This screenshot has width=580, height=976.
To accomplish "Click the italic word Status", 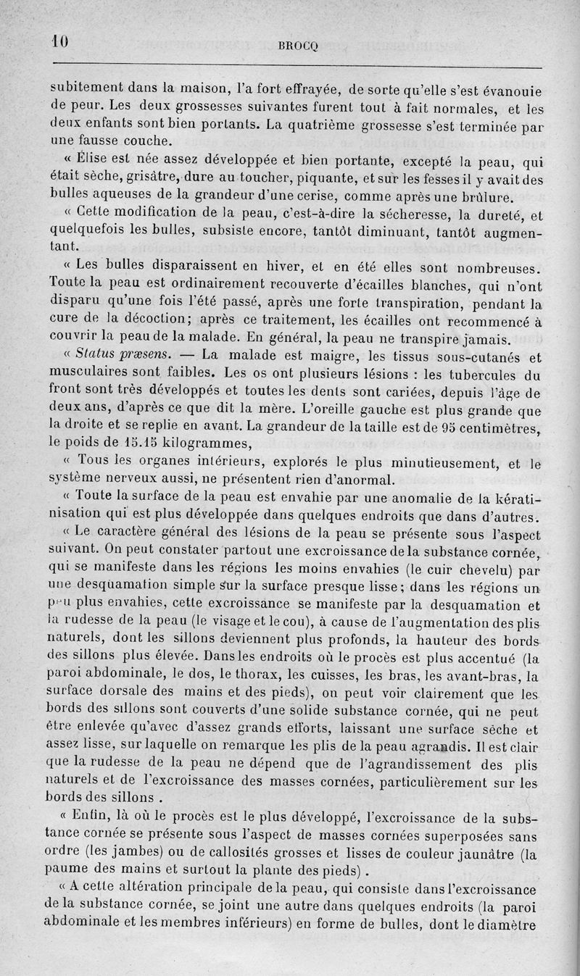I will [x=99, y=355].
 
